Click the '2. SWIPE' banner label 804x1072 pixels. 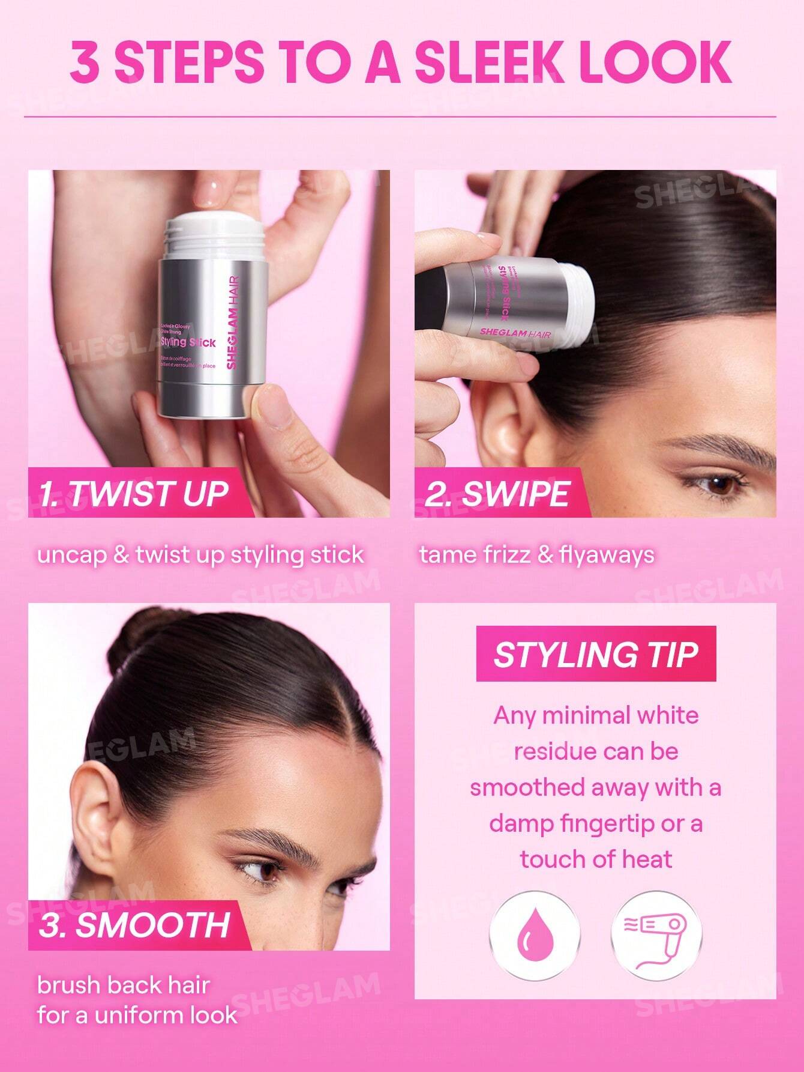497,494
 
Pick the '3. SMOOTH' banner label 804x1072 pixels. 134,924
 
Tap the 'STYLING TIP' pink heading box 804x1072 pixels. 596,654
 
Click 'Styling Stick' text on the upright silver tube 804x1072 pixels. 188,342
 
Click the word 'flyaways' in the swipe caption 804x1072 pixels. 606,554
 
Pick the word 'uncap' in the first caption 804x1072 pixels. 70,554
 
